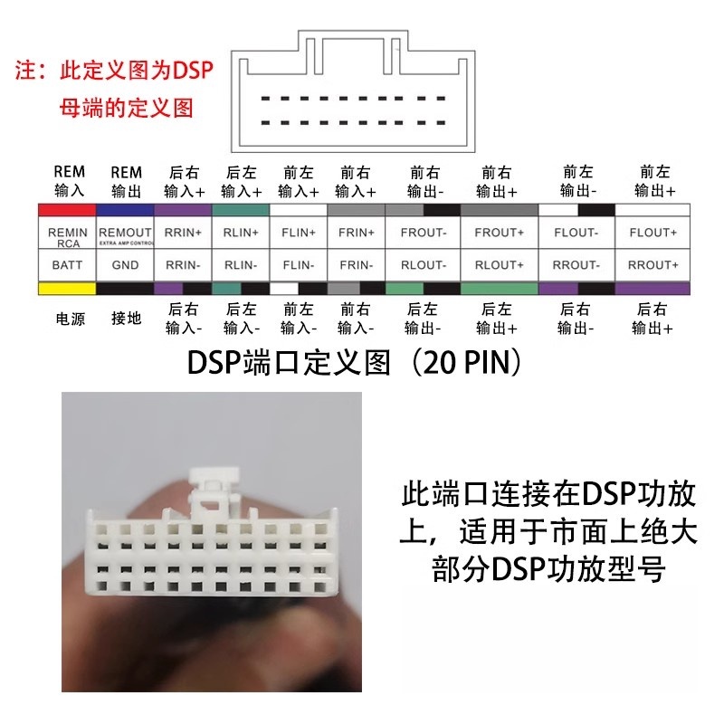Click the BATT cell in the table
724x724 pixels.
pyautogui.click(x=67, y=265)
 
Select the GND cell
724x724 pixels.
pyautogui.click(x=126, y=265)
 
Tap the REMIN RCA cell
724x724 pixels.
pyautogui.click(x=67, y=236)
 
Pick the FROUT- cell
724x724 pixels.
pyautogui.click(x=423, y=233)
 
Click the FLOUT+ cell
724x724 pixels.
pyautogui.click(x=653, y=233)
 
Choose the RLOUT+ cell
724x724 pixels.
pyautogui.click(x=500, y=265)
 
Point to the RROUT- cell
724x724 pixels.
pyautogui.click(x=576, y=265)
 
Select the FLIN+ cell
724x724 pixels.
pyautogui.click(x=298, y=233)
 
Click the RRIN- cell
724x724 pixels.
pyautogui.click(x=184, y=265)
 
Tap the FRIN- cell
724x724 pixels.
pyautogui.click(x=355, y=265)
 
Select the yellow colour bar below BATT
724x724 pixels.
pyautogui.click(x=67, y=288)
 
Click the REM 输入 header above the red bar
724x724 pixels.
pyautogui.click(x=70, y=181)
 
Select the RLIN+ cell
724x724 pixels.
pyautogui.click(x=241, y=233)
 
